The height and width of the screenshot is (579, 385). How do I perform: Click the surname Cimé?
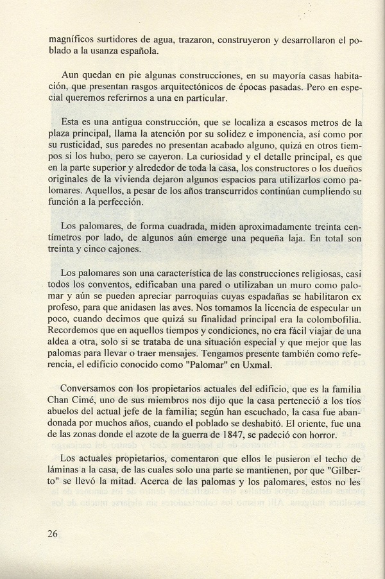(x=92, y=402)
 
